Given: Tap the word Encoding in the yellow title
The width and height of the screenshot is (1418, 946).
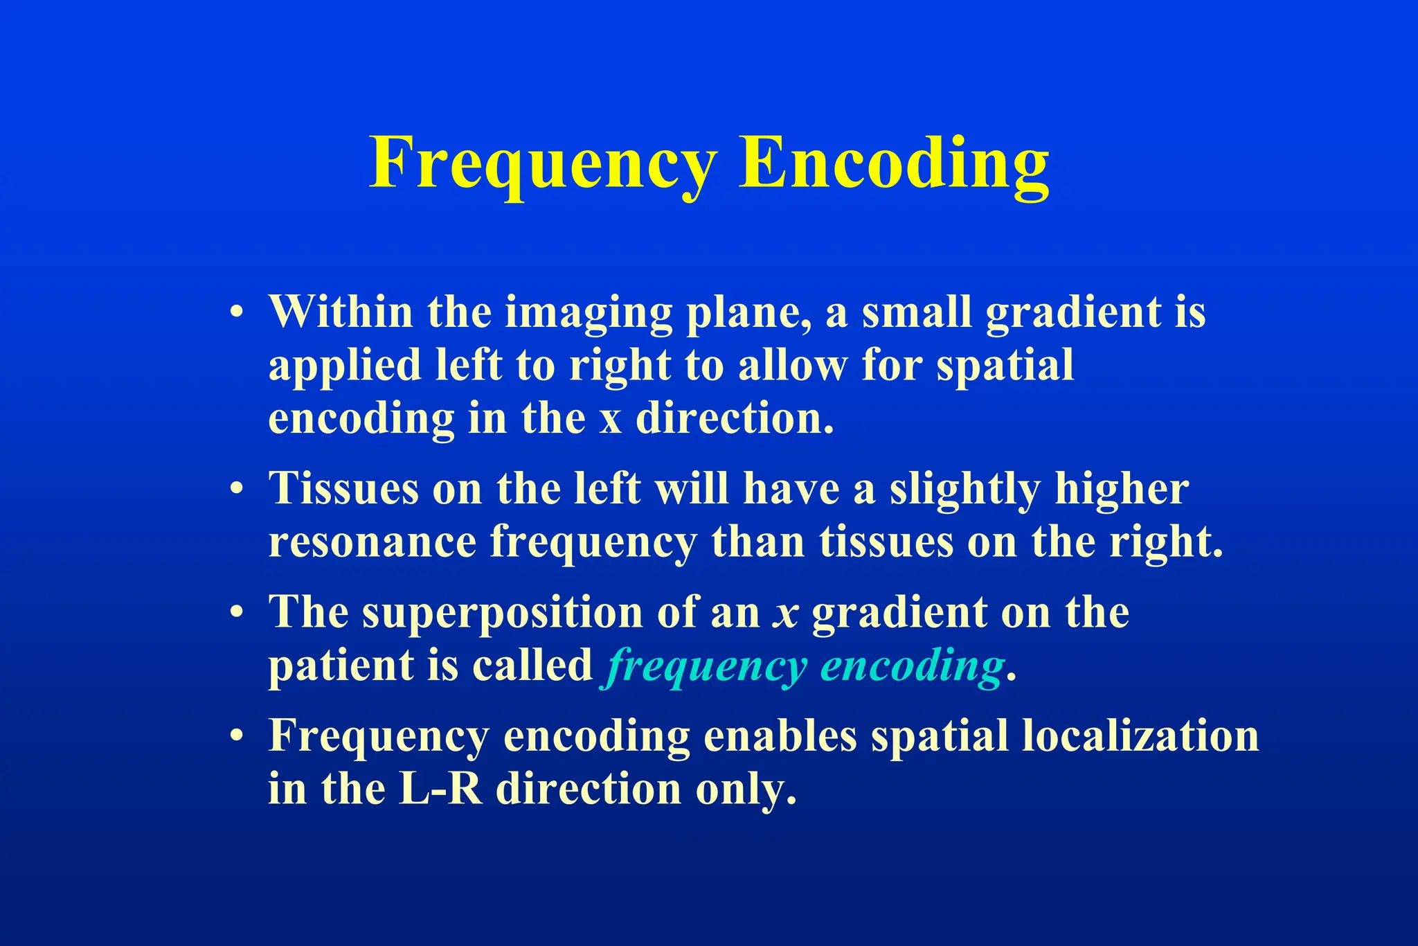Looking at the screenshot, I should click(894, 164).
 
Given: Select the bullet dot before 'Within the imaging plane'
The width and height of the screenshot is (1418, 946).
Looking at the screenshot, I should click(237, 312).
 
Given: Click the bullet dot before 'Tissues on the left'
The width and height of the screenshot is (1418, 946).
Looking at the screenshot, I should click(237, 489).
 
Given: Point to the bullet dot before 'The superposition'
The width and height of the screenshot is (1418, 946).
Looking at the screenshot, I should click(237, 613).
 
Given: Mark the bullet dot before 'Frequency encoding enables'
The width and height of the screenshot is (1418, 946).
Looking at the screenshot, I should click(237, 735).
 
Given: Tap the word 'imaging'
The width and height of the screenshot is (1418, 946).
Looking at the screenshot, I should click(588, 313).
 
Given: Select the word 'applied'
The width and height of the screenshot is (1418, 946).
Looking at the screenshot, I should click(345, 366).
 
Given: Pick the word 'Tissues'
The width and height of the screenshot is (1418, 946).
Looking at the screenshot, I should click(343, 488).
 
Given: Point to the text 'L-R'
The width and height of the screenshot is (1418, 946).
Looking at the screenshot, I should click(440, 789).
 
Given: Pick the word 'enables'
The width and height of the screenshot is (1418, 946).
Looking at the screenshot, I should click(780, 735).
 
